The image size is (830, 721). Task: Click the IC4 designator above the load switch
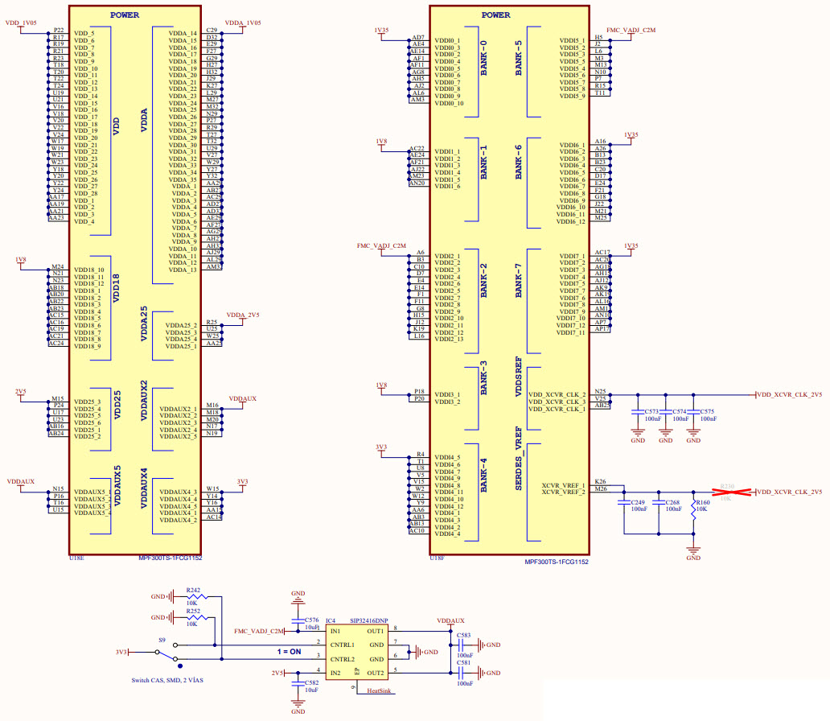(x=331, y=621)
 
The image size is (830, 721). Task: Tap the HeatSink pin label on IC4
(x=379, y=690)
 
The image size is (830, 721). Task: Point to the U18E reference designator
(x=76, y=557)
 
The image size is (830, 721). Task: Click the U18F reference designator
(x=438, y=557)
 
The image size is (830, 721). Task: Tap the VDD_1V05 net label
(x=22, y=23)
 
